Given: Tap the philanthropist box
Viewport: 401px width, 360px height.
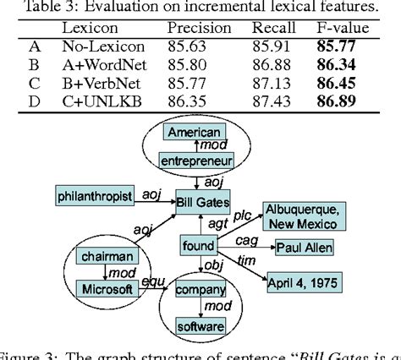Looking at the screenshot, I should pyautogui.click(x=96, y=197).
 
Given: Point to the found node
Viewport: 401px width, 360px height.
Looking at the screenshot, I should pyautogui.click(x=197, y=247).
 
